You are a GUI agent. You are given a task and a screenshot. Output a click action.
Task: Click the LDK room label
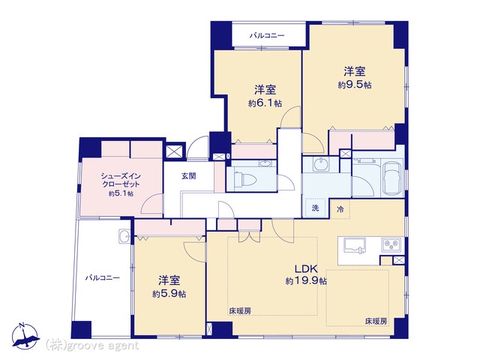306,268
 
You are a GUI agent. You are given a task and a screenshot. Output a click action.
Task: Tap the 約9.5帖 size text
355,85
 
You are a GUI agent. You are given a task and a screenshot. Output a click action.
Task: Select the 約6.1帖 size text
265,103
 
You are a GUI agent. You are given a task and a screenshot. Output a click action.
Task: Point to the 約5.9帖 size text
169,294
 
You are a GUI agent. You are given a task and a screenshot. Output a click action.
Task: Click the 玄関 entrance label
189,176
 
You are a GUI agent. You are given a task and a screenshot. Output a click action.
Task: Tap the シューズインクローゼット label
121,180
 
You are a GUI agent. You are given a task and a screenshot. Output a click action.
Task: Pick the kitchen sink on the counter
355,245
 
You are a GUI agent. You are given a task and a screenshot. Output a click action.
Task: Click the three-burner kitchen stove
391,245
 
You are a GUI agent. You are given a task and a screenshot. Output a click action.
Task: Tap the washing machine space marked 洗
315,208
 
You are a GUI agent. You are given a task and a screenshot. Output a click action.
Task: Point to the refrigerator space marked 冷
340,209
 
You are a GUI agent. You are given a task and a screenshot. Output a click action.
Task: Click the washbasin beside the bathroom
320,164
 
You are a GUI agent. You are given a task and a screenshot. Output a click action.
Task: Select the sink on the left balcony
124,236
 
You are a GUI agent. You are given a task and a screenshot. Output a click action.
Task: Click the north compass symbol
25,337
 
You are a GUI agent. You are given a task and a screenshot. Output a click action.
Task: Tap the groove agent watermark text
92,346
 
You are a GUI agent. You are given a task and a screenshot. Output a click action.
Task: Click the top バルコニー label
267,36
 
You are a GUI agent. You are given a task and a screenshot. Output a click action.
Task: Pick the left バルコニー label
103,278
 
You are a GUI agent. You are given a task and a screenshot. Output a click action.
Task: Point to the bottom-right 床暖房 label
376,322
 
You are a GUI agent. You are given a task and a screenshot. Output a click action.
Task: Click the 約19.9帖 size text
306,281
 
